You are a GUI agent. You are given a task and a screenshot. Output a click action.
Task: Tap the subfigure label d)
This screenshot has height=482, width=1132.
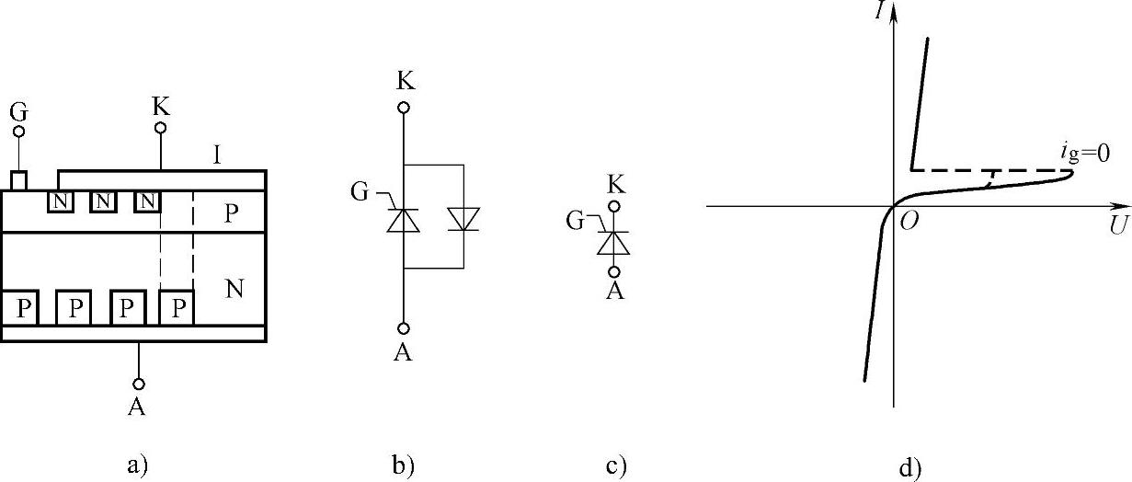tap(909, 467)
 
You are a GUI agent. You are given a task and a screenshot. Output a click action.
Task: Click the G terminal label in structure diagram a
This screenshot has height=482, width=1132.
tap(17, 113)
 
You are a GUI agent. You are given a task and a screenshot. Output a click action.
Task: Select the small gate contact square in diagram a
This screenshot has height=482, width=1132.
tap(17, 179)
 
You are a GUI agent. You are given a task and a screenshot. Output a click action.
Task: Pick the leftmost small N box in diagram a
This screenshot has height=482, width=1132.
tap(60, 200)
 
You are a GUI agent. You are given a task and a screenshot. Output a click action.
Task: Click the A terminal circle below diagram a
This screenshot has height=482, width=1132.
tap(139, 383)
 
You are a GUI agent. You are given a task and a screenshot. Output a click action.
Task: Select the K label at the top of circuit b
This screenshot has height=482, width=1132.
tap(404, 81)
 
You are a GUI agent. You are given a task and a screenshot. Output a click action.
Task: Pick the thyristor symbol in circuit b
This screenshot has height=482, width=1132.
tap(403, 220)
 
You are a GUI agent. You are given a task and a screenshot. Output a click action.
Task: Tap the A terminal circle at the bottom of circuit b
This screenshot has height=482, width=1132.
tap(404, 328)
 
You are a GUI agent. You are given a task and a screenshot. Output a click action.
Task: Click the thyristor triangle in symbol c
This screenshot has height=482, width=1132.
tap(613, 242)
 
